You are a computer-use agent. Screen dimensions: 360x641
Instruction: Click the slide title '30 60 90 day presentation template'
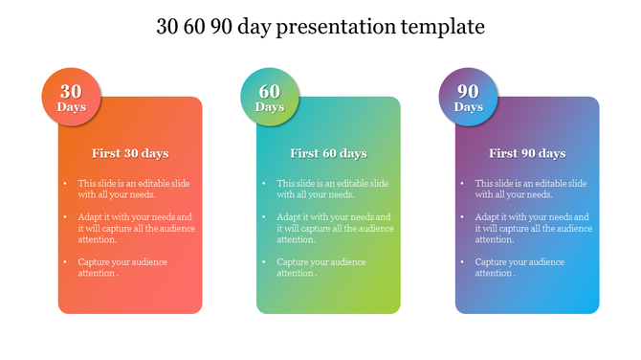320,27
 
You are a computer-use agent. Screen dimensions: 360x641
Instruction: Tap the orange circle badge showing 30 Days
71,98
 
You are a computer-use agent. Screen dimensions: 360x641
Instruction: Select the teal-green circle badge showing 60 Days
270,98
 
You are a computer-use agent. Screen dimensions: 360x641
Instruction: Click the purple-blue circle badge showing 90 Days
468,98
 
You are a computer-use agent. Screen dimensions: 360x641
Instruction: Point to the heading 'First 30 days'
130,153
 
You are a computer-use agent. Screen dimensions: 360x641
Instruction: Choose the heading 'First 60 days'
328,153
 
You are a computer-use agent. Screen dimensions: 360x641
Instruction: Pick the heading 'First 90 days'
527,153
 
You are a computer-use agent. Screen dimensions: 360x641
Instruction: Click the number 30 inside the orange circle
71,91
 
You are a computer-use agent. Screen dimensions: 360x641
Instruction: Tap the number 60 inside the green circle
270,91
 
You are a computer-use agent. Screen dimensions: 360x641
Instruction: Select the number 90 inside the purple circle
468,91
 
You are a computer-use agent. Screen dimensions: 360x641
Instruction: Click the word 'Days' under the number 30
71,107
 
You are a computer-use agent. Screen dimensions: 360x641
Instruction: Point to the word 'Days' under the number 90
468,107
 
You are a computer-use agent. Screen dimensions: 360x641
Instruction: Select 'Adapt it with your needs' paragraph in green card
335,228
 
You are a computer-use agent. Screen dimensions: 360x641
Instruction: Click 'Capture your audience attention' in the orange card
122,267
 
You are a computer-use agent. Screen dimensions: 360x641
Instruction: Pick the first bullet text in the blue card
530,189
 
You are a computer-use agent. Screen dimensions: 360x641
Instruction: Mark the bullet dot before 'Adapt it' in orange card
66,217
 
